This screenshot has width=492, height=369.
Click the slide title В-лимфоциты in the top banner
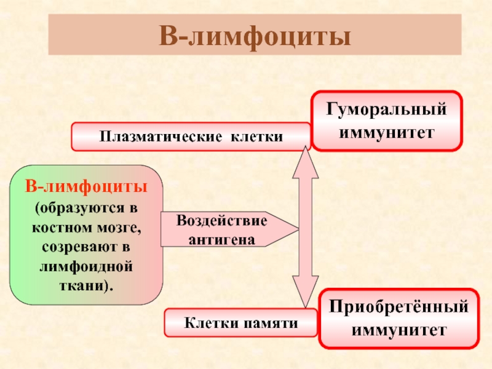pos(255,36)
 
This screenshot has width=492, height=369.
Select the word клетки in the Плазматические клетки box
pos(256,137)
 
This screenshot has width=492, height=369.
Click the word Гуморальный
pos(386,111)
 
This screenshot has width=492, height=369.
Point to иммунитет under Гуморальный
pos(386,132)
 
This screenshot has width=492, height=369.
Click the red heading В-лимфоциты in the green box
pos(86,185)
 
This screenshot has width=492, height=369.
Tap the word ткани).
pos(86,287)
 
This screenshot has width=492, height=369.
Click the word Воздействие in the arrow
pos(222,221)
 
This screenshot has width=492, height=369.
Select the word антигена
pos(222,238)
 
